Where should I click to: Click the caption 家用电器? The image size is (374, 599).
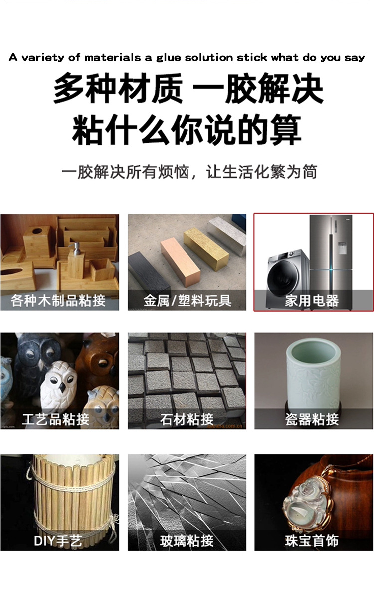click(312, 301)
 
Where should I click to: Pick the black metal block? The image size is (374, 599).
click(149, 275)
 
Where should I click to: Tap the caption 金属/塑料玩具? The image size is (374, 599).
click(187, 301)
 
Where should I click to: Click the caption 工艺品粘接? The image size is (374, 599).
click(56, 419)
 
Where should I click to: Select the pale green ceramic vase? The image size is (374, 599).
click(313, 374)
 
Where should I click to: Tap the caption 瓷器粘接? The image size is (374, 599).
click(312, 419)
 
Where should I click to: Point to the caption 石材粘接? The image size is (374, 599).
click(187, 419)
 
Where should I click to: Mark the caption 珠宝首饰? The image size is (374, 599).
click(312, 541)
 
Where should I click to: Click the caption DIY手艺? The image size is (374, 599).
click(58, 541)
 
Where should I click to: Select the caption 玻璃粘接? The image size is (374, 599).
click(187, 541)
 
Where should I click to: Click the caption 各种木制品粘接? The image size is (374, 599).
click(58, 301)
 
